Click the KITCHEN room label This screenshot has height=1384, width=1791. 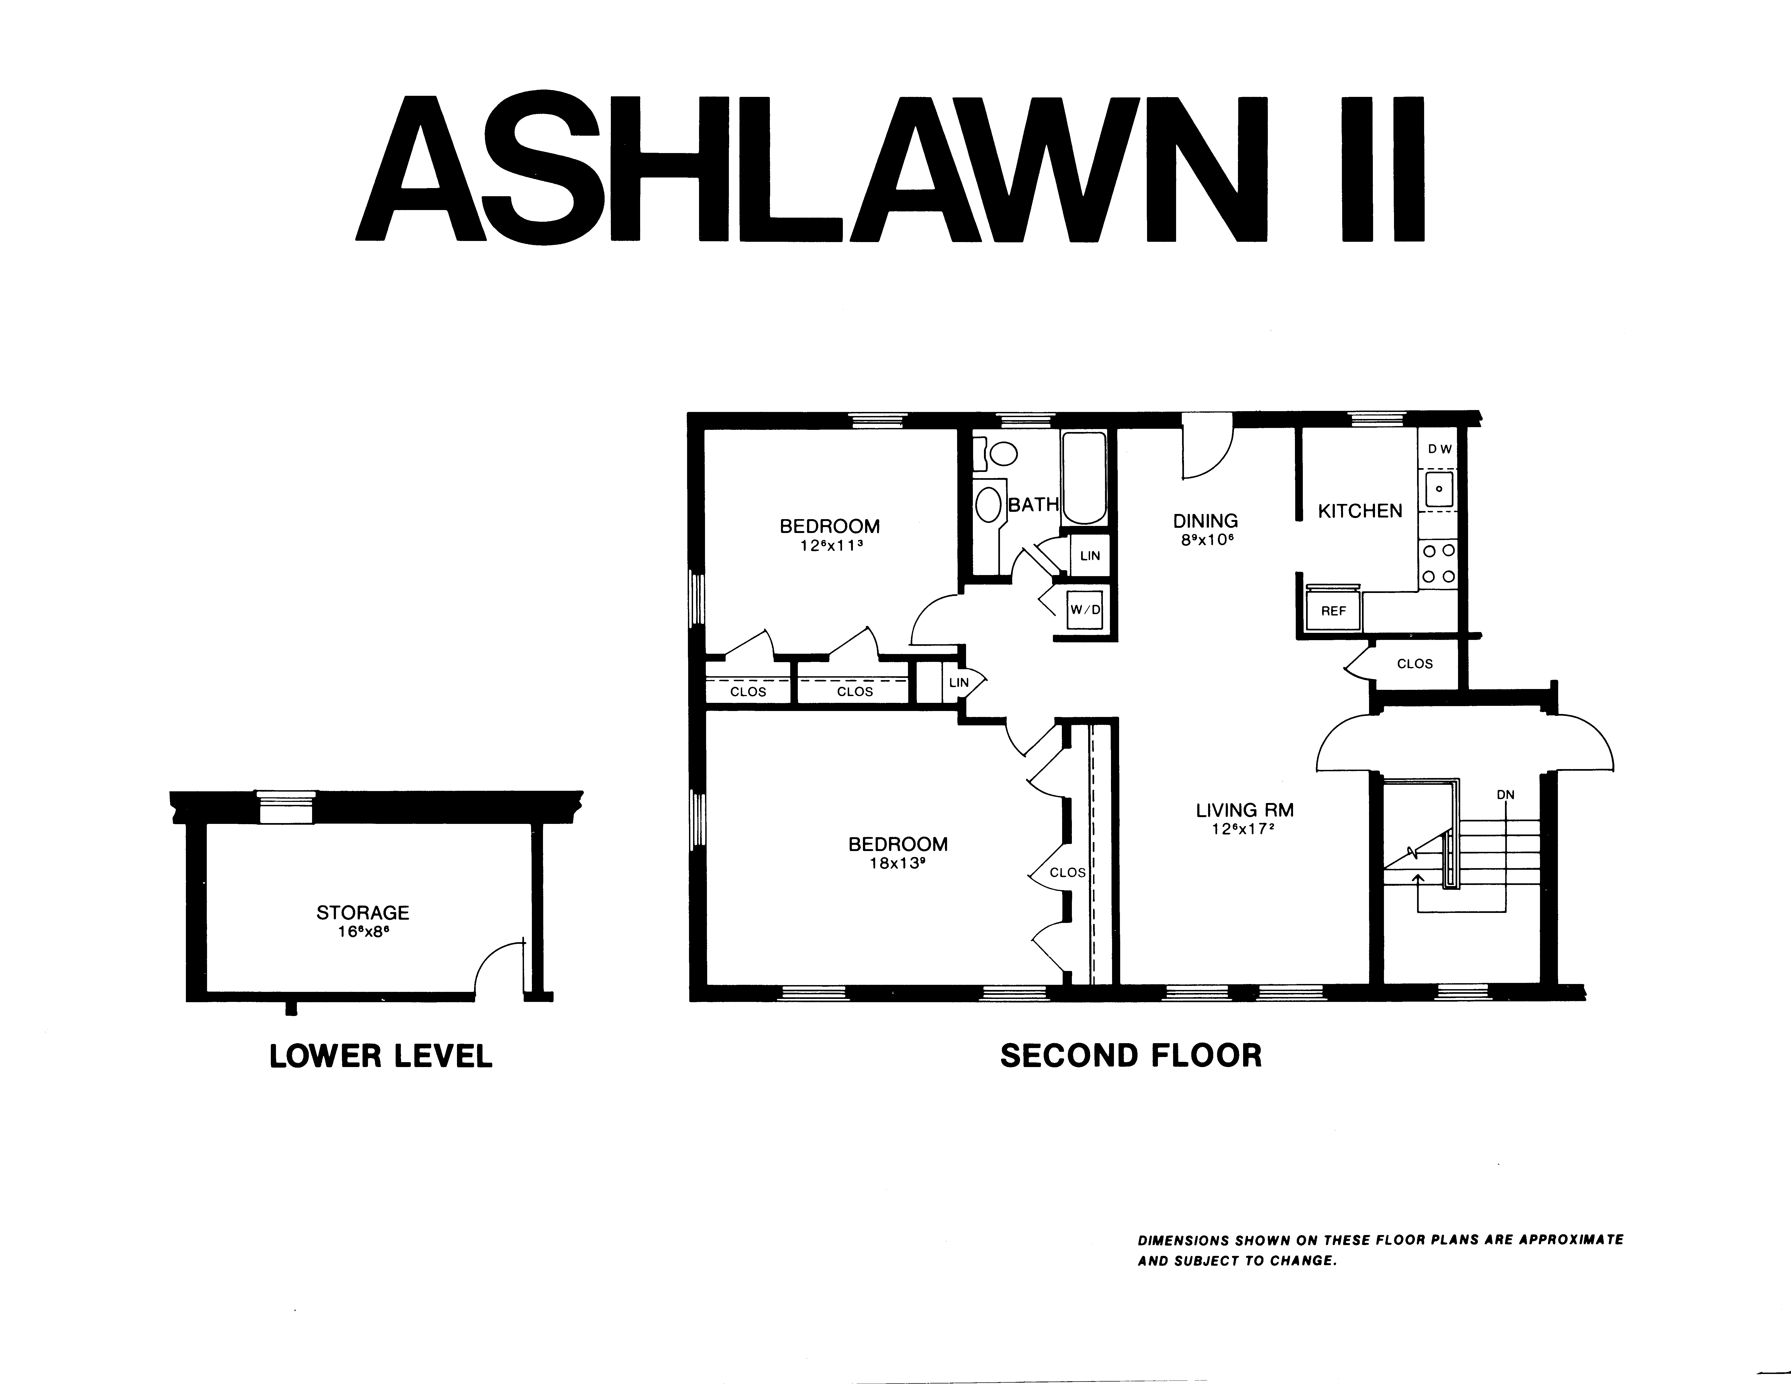click(x=1360, y=511)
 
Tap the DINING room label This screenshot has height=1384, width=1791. click(x=1205, y=521)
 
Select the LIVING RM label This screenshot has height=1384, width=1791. click(x=1245, y=810)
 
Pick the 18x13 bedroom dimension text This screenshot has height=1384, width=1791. click(x=898, y=863)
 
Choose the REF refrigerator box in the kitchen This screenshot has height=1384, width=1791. click(x=1333, y=611)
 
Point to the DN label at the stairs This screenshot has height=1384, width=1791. click(x=1506, y=795)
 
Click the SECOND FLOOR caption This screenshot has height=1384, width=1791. click(x=1131, y=1056)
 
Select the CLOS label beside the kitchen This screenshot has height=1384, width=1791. click(x=1415, y=663)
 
